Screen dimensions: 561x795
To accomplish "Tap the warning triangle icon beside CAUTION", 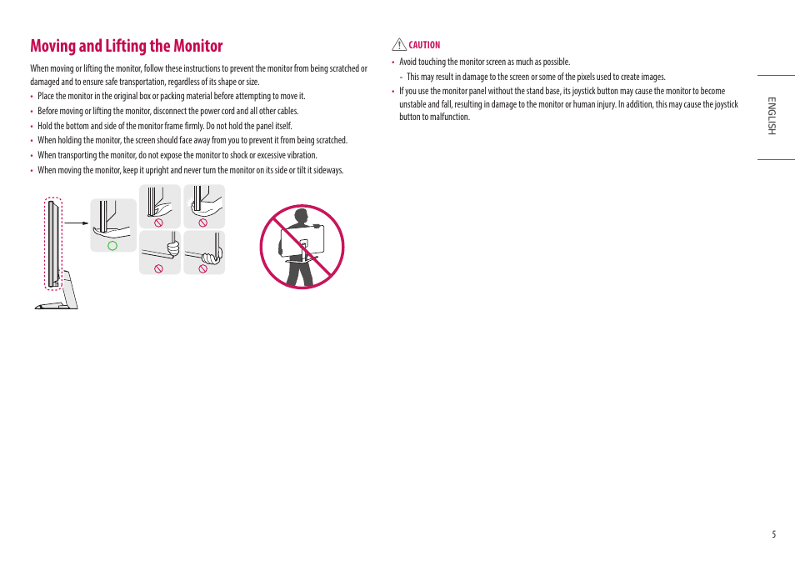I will (398, 45).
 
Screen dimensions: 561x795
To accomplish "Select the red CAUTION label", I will (424, 45).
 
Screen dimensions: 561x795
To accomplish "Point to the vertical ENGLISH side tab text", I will (772, 117).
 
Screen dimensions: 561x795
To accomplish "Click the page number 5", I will (773, 534).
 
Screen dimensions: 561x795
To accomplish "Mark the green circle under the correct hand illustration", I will (112, 245).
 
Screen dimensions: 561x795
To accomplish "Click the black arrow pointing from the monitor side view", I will (77, 223).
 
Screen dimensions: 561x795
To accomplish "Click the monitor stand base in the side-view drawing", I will (57, 307).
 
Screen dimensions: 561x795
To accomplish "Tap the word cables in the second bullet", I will (286, 111).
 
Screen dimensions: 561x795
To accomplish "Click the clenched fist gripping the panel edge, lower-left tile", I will (172, 248).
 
